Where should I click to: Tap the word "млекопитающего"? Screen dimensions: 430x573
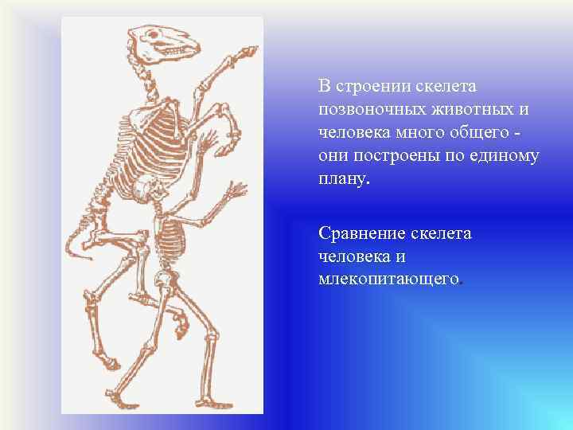(x=389, y=279)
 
